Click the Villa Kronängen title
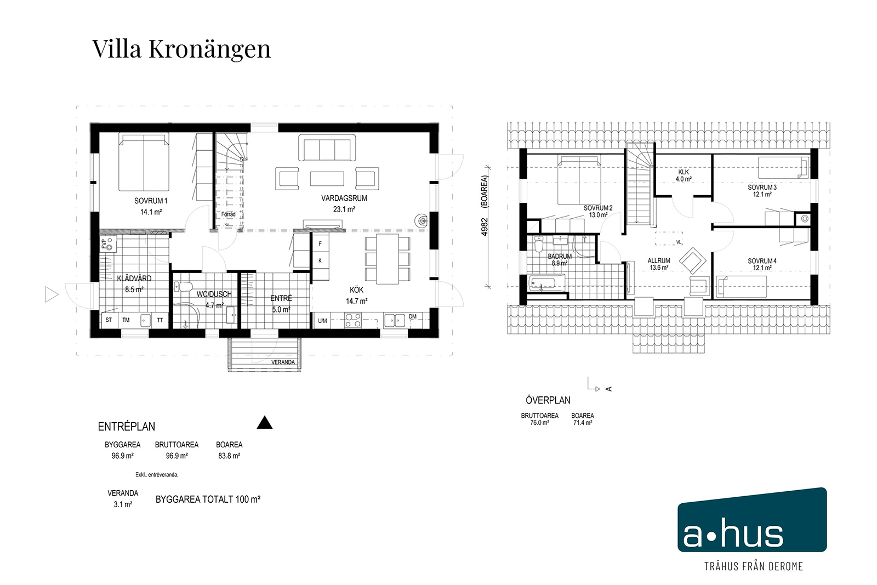click(181, 49)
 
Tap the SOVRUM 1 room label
click(151, 201)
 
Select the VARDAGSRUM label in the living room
click(344, 198)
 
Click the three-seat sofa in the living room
click(327, 147)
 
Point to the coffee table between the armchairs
click(327, 179)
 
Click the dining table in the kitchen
click(387, 259)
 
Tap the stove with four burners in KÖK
click(353, 321)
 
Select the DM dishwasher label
click(413, 316)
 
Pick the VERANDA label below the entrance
click(283, 362)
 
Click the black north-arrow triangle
click(265, 423)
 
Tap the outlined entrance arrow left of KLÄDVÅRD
click(52, 294)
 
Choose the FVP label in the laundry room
click(104, 244)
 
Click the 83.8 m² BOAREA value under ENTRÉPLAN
click(229, 456)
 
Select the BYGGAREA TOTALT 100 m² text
click(208, 499)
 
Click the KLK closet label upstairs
click(684, 172)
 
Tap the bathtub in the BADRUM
click(546, 283)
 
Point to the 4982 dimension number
click(485, 227)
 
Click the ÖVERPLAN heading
click(548, 400)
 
